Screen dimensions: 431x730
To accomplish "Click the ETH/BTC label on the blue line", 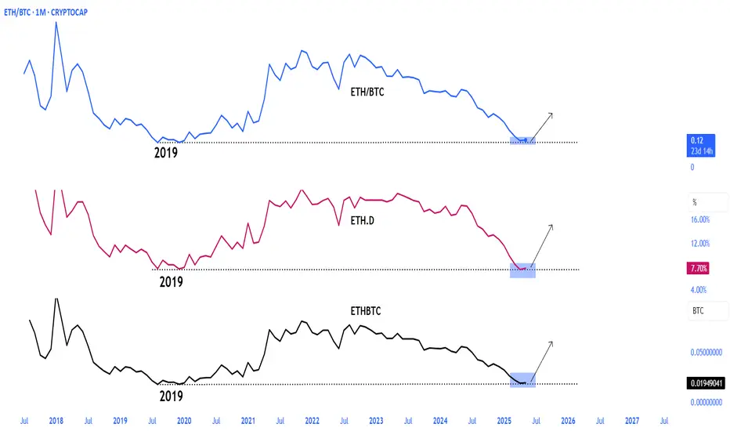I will (x=367, y=92).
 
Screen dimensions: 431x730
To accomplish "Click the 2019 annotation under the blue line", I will (x=165, y=153).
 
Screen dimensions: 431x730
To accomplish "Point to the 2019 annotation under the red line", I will (x=171, y=281).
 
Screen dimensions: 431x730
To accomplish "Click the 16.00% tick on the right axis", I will (x=700, y=220).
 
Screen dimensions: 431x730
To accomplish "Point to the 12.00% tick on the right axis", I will (x=700, y=243).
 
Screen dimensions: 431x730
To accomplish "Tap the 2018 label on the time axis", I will (x=56, y=420).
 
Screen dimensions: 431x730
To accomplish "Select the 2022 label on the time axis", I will (x=311, y=420).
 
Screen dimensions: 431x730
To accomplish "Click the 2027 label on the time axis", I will (x=631, y=420).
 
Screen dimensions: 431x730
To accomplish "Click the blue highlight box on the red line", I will (x=522, y=270).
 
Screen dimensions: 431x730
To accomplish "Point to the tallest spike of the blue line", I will (x=56, y=23).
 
